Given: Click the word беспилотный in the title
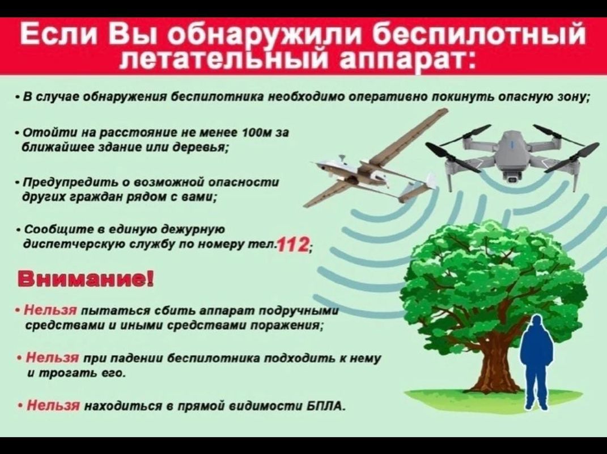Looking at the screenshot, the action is [x=481, y=33].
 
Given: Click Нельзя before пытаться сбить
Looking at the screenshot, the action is [x=51, y=310].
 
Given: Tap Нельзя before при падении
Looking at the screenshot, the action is [x=53, y=357].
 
